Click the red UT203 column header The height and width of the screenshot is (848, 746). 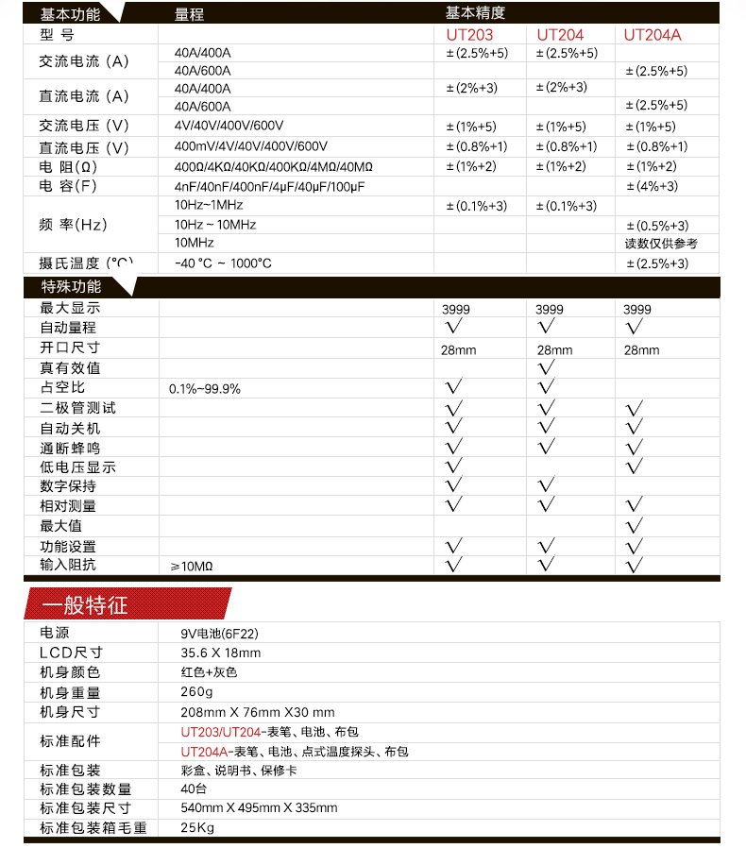pyautogui.click(x=469, y=35)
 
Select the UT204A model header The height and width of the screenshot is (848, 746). pyautogui.click(x=651, y=35)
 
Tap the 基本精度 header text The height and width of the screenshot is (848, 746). pyautogui.click(x=475, y=13)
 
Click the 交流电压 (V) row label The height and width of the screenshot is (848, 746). pyautogui.click(x=84, y=127)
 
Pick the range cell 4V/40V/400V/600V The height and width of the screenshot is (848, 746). pyautogui.click(x=229, y=127)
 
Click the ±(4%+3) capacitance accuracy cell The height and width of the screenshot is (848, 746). pyautogui.click(x=653, y=186)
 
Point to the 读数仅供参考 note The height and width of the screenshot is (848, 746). pyautogui.click(x=662, y=244)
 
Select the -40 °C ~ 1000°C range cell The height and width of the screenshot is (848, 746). pyautogui.click(x=223, y=263)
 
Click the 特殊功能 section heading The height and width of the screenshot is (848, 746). pyautogui.click(x=72, y=286)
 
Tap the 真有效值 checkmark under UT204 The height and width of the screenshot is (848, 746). pyautogui.click(x=546, y=366)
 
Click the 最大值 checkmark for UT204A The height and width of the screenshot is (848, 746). pyautogui.click(x=635, y=525)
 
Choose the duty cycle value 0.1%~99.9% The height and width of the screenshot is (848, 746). pyautogui.click(x=205, y=388)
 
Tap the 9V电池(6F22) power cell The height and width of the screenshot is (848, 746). pyautogui.click(x=218, y=634)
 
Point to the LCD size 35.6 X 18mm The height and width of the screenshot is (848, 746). pyautogui.click(x=221, y=653)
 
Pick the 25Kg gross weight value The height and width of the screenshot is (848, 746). pyautogui.click(x=197, y=828)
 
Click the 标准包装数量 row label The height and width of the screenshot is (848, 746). pyautogui.click(x=86, y=789)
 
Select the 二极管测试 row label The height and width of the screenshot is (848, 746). pyautogui.click(x=77, y=408)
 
